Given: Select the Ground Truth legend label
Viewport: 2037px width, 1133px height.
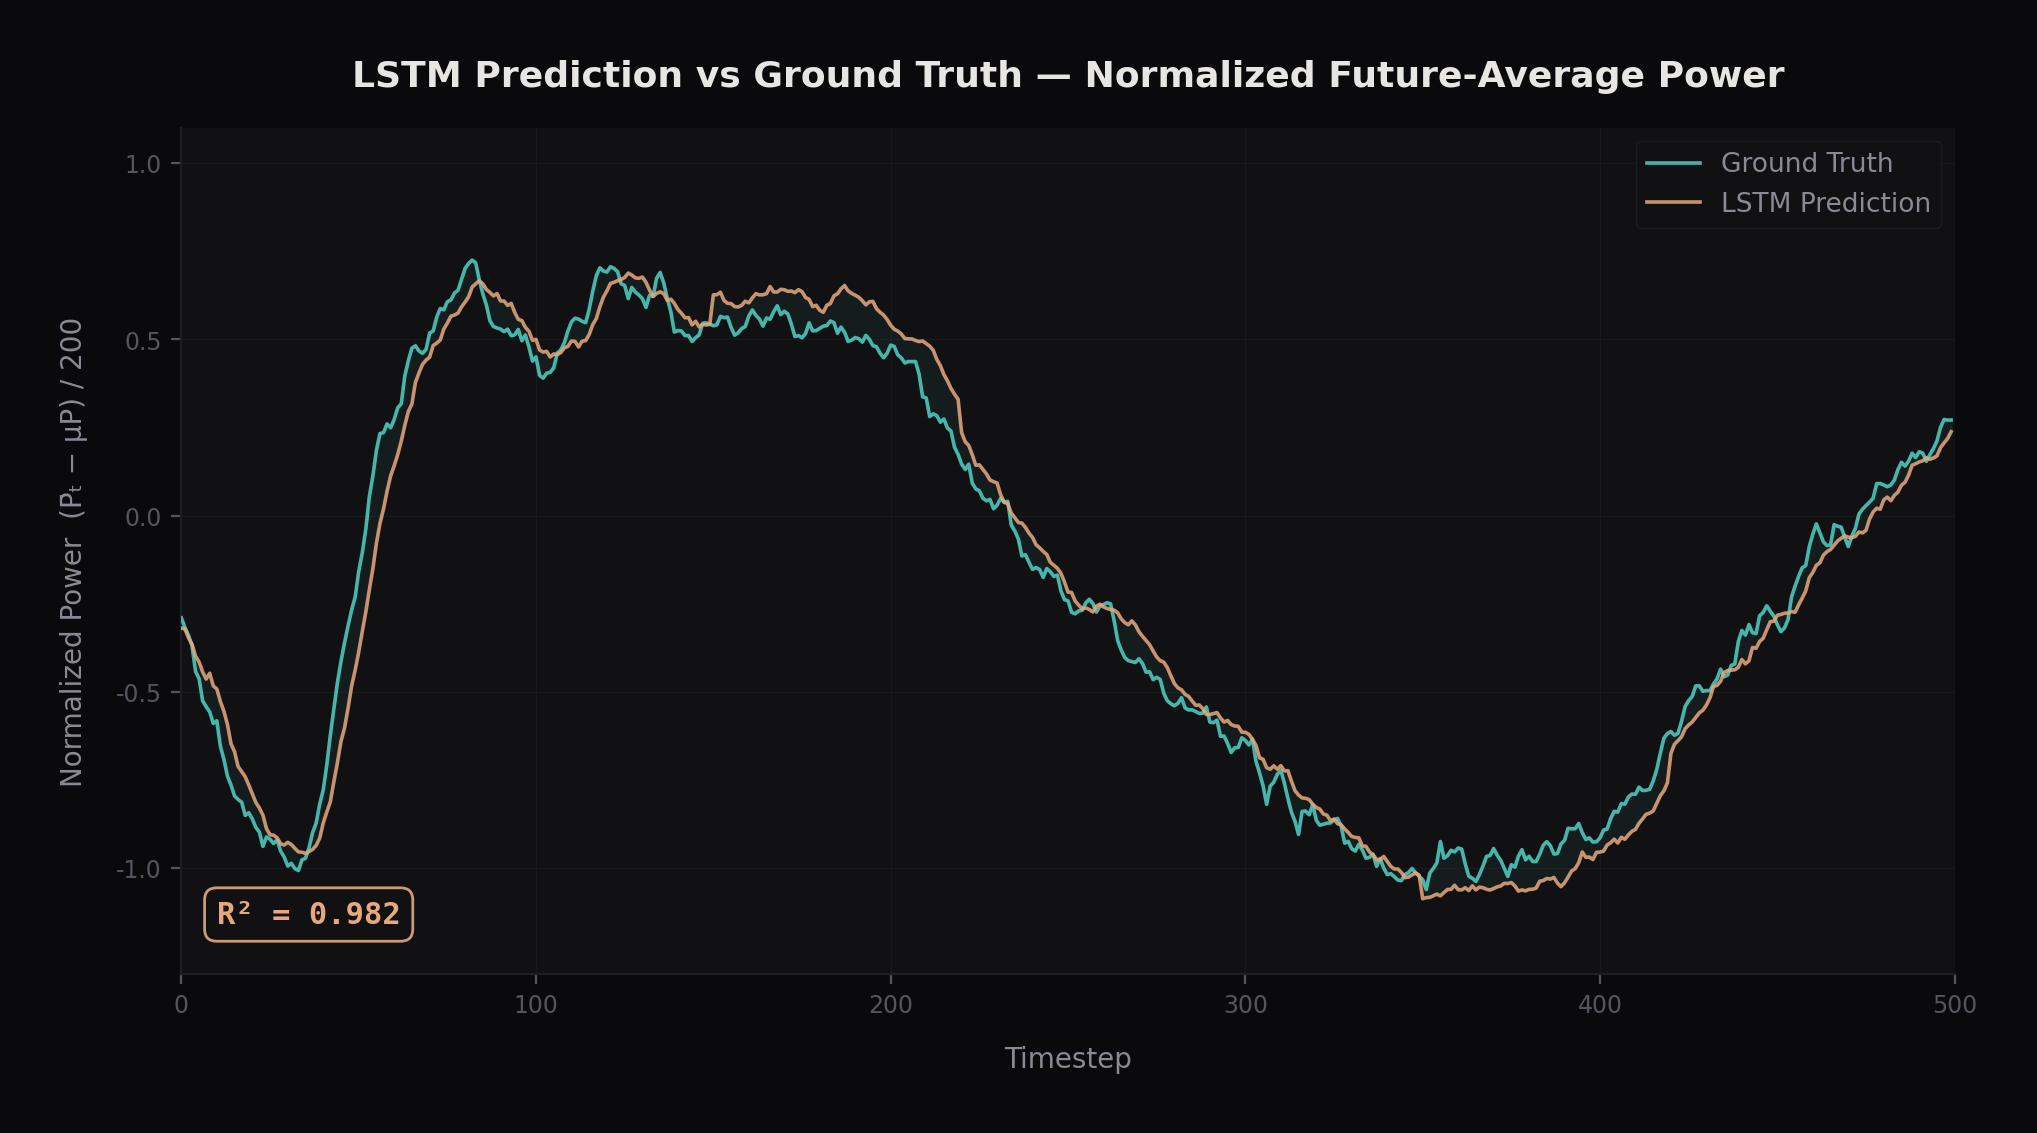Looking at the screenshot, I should pos(1806,163).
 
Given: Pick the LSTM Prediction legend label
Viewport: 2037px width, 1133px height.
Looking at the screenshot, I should pos(1825,203).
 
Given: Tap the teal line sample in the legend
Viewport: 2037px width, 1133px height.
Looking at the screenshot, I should pos(1673,163).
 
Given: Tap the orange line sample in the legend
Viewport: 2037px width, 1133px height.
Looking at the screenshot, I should pos(1673,203).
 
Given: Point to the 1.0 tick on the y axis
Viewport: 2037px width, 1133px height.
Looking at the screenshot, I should pos(143,164).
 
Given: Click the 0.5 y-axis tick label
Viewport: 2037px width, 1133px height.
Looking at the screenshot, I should pos(143,341).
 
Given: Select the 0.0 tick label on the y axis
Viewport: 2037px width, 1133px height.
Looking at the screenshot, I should pos(143,517).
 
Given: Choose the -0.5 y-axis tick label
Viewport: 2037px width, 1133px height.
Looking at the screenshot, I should pos(139,693).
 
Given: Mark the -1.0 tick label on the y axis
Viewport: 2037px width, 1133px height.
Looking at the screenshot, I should pos(139,870).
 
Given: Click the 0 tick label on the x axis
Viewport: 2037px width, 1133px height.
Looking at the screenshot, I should pos(181,1006).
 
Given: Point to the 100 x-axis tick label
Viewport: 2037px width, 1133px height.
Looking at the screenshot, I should pos(536,1006).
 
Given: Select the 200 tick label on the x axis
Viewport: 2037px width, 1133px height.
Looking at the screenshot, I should pos(890,1006).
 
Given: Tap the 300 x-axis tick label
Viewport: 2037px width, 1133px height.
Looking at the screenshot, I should pos(1245,1006).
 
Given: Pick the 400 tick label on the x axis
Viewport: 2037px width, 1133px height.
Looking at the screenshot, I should pos(1599,1006).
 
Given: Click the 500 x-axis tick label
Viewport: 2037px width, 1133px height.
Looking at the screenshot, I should pos(1954,1006).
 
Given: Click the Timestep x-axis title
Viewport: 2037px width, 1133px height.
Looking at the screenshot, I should pos(1067,1058).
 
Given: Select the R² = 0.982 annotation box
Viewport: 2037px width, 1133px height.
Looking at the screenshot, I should pos(308,914).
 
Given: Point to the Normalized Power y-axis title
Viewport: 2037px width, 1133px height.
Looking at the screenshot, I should pos(72,552).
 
